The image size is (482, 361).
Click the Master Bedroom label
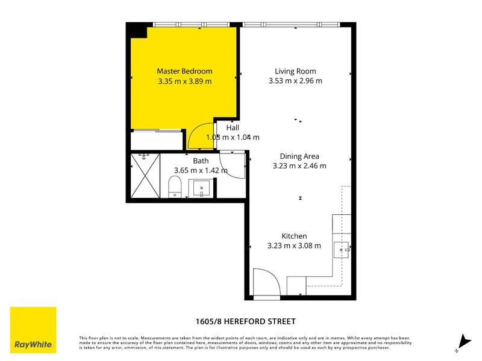tap(184, 71)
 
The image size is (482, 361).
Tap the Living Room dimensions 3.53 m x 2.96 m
tap(295, 81)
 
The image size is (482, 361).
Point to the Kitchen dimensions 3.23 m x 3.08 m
tap(294, 245)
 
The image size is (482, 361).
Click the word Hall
tap(233, 128)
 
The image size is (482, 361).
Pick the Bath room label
tap(201, 161)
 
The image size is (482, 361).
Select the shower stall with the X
tap(145, 176)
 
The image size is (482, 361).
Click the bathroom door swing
tap(232, 163)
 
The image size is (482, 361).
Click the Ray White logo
tap(33, 330)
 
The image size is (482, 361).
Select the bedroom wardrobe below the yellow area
tap(157, 140)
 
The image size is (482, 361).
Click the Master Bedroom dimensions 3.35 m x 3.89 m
tap(184, 81)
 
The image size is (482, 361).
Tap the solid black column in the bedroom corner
tap(138, 30)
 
